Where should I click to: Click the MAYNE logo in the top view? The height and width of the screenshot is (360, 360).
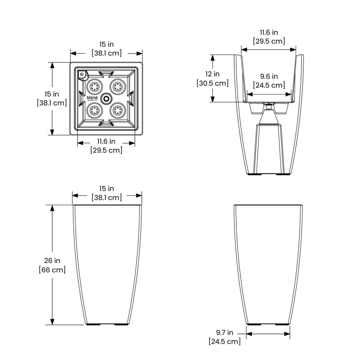[x=92, y=98]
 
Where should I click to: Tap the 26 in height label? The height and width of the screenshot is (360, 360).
[x=52, y=261]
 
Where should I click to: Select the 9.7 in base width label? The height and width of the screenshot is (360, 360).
[x=224, y=333]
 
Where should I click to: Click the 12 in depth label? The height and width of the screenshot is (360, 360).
[x=212, y=74]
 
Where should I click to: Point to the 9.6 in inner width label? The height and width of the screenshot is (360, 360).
[x=269, y=76]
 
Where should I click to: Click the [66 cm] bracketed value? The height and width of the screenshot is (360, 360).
[x=52, y=270]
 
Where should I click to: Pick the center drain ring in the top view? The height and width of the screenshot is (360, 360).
[x=106, y=99]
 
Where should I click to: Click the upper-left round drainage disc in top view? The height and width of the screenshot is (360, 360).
[x=94, y=86]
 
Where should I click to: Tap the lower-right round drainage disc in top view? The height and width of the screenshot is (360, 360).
[x=118, y=110]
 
